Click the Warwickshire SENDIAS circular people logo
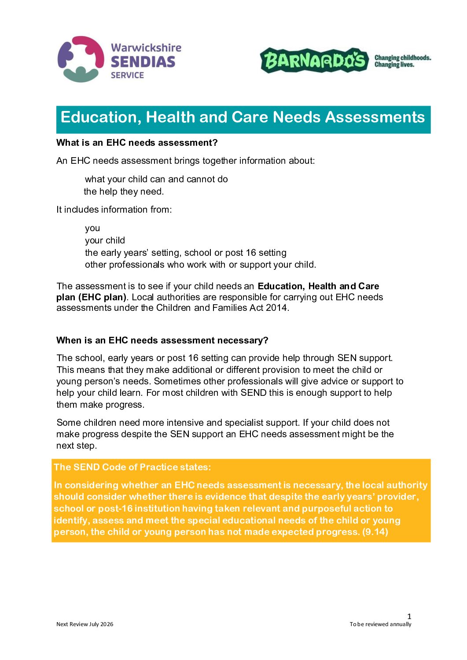point(81,59)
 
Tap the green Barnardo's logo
point(314,60)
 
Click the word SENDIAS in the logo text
point(143,62)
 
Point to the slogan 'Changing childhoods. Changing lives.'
point(402,61)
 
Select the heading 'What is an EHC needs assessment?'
point(137,143)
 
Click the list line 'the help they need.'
point(124,192)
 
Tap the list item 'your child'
point(105,240)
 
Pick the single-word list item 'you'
point(92,228)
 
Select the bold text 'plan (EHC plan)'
point(91,297)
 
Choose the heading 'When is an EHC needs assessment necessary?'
point(162,340)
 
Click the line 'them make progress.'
point(100,405)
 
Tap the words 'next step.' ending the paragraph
point(77,446)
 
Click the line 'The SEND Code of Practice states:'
point(132,467)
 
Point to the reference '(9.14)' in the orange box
point(375,532)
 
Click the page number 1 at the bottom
point(409,616)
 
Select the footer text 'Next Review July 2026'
point(85,624)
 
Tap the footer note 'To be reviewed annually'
point(380,624)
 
